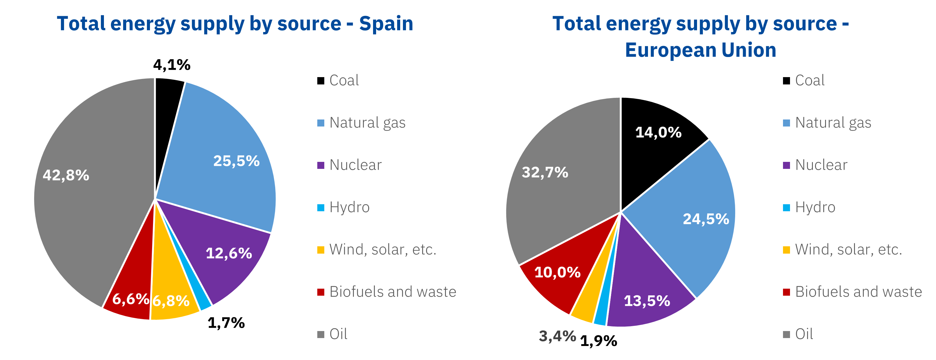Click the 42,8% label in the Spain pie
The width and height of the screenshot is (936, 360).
coord(66,176)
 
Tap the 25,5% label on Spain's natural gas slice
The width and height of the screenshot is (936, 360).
coord(236,161)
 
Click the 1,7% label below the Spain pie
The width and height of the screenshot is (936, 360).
coord(226,323)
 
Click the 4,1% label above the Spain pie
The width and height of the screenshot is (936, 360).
coord(172,65)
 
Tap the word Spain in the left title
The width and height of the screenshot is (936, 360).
coord(386,24)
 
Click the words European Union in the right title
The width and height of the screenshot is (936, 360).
coord(700,50)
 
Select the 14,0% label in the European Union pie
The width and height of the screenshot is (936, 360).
coord(658,132)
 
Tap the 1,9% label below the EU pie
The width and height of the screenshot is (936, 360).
coord(598,341)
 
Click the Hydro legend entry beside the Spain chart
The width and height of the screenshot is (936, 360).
coord(349,207)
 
